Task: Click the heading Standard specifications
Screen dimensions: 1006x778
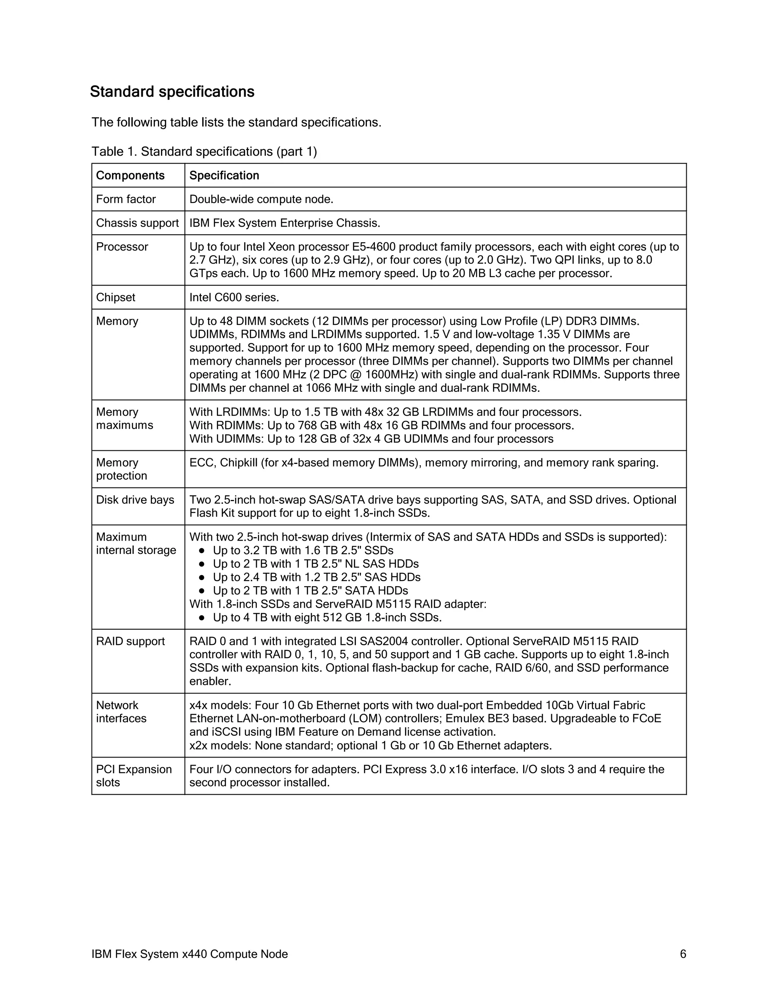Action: pos(172,91)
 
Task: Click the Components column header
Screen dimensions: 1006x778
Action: pos(130,175)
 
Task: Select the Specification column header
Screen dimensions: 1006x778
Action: pos(224,175)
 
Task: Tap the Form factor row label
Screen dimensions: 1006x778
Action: pos(126,199)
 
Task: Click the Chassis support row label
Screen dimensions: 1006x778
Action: pos(138,223)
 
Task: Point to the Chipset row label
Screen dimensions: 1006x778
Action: pos(116,297)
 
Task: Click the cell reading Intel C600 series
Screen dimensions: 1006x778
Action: pos(234,297)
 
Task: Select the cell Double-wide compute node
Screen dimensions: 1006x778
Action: pos(261,199)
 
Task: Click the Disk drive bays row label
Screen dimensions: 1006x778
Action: pos(135,500)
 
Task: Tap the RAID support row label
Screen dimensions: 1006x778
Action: pos(130,641)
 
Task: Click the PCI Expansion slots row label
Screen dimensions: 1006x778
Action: pos(134,776)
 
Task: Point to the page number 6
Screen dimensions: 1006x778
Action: pos(683,954)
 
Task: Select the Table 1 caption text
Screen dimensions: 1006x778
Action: pos(204,151)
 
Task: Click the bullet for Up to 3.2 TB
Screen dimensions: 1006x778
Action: pos(201,550)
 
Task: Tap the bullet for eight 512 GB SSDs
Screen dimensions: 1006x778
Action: pos(201,618)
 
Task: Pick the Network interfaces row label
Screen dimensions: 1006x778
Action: pos(121,712)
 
